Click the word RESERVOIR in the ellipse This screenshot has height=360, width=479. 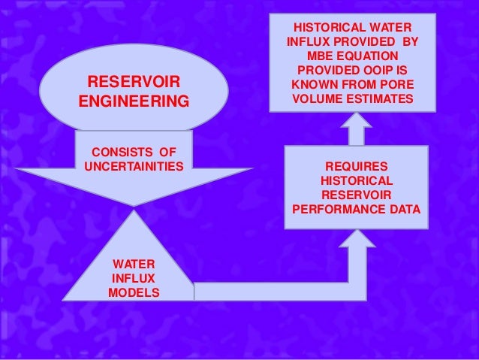[x=134, y=80]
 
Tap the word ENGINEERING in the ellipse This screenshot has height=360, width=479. [x=134, y=100]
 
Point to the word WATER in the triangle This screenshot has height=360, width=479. [x=134, y=265]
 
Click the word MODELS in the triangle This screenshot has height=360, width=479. [x=134, y=292]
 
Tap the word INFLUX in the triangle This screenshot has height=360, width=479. [x=134, y=279]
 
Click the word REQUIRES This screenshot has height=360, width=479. [x=356, y=165]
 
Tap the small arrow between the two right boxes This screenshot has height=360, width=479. [x=356, y=126]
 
